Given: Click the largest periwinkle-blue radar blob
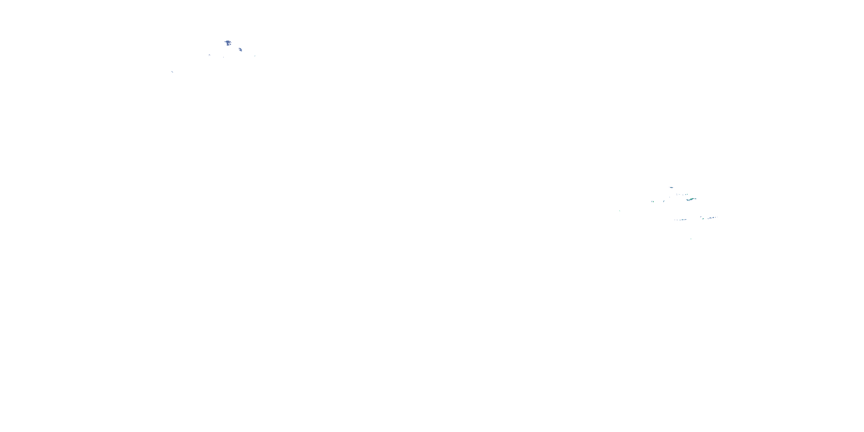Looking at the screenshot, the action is (x=228, y=43).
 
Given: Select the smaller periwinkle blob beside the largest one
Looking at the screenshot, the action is (x=240, y=50).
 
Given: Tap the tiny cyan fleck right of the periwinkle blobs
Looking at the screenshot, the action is (x=255, y=56).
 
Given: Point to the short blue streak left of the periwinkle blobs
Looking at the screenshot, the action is (x=209, y=55).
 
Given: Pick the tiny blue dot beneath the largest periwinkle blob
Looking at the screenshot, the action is (x=223, y=57).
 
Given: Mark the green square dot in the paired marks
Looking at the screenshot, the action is (x=653, y=202).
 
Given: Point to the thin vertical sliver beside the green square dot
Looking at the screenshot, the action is (x=652, y=202).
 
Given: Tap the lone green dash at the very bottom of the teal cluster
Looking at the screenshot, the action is (x=691, y=239).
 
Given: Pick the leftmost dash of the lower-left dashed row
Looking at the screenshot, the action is (x=675, y=220).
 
